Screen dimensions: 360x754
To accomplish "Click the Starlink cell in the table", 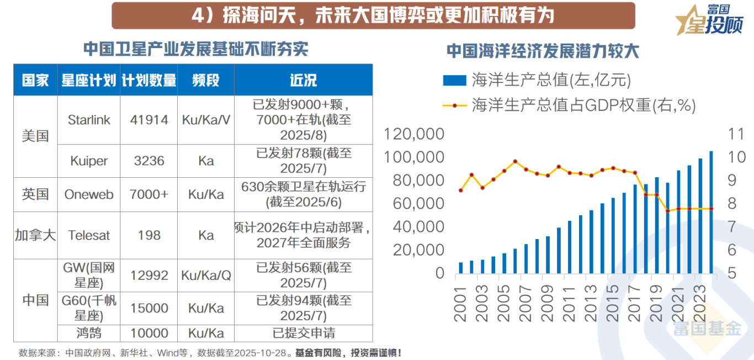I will [x=89, y=120].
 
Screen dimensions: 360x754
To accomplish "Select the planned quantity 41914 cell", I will [x=149, y=120].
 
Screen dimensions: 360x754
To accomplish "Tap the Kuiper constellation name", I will [x=89, y=161].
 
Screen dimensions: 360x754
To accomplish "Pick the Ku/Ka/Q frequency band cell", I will [x=206, y=275].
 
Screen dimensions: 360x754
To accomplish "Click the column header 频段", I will [x=206, y=80].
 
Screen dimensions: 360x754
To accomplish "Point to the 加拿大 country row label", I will [x=35, y=235].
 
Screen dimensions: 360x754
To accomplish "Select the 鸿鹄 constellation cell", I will [x=89, y=333].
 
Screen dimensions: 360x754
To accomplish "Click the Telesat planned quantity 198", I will [x=149, y=235].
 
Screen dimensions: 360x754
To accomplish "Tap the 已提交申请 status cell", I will [x=303, y=333].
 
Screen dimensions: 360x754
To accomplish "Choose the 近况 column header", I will [x=303, y=80].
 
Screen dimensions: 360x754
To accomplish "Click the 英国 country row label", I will [x=35, y=194].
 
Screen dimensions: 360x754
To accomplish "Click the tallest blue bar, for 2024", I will [x=711, y=213].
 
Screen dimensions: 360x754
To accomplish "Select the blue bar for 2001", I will [x=461, y=268].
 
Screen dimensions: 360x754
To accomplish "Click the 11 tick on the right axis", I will [x=736, y=134].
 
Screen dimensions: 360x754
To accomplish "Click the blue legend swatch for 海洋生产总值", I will [x=454, y=81].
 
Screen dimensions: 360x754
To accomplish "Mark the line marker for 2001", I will [x=461, y=190].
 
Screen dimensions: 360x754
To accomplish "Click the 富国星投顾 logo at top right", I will [x=709, y=20].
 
